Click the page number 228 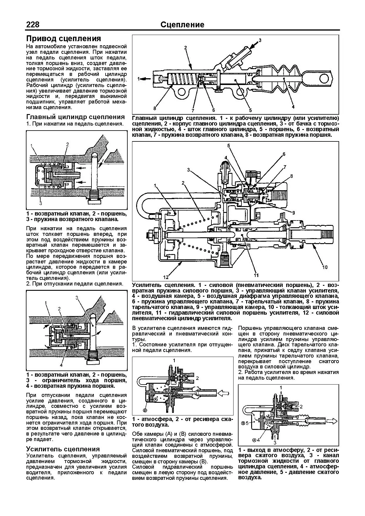pyautogui.click(x=33, y=24)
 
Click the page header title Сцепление pyautogui.click(x=182, y=25)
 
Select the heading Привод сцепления pyautogui.click(x=64, y=39)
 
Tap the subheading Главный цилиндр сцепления pyautogui.click(x=76, y=117)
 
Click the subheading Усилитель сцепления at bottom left pyautogui.click(x=63, y=449)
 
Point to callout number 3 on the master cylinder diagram pyautogui.click(x=260, y=40)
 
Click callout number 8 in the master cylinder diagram pyautogui.click(x=154, y=108)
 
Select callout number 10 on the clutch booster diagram pyautogui.click(x=325, y=267)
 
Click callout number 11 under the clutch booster pyautogui.click(x=256, y=275)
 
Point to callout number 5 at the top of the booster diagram pyautogui.click(x=229, y=146)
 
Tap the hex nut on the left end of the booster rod pyautogui.click(x=150, y=235)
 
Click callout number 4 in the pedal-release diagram pyautogui.click(x=61, y=365)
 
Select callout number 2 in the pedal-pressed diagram pyautogui.click(x=67, y=144)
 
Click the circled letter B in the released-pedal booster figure pyautogui.click(x=145, y=410)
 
